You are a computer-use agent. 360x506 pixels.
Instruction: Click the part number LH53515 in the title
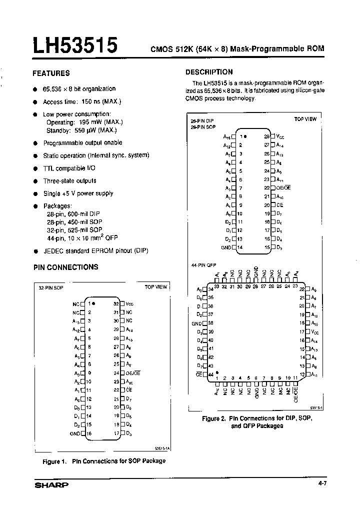tap(75, 45)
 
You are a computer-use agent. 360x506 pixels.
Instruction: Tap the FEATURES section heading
tap(51, 73)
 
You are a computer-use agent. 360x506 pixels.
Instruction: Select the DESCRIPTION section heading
tap(209, 72)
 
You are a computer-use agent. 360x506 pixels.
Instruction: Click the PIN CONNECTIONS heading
tap(65, 267)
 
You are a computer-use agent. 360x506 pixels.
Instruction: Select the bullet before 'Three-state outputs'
tap(35, 181)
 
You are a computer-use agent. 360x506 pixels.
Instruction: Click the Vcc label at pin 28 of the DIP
tap(280, 136)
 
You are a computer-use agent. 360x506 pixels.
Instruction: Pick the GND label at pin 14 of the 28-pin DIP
tap(225, 247)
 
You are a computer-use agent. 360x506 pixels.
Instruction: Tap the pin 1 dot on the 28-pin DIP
tap(245, 136)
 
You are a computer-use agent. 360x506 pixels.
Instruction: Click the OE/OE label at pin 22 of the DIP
tap(283, 187)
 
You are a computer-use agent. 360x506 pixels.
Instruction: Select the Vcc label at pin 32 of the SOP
tap(130, 303)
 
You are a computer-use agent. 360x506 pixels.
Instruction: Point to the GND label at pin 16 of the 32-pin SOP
tap(75, 433)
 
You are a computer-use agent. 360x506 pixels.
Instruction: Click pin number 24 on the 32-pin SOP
tap(116, 373)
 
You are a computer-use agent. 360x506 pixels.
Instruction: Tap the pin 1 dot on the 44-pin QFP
tap(217, 373)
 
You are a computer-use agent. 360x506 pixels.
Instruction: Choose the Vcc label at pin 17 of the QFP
tap(315, 331)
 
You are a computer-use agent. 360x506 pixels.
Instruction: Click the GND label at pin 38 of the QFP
tap(197, 323)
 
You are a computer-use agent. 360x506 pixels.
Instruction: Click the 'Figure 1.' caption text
tap(55, 461)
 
